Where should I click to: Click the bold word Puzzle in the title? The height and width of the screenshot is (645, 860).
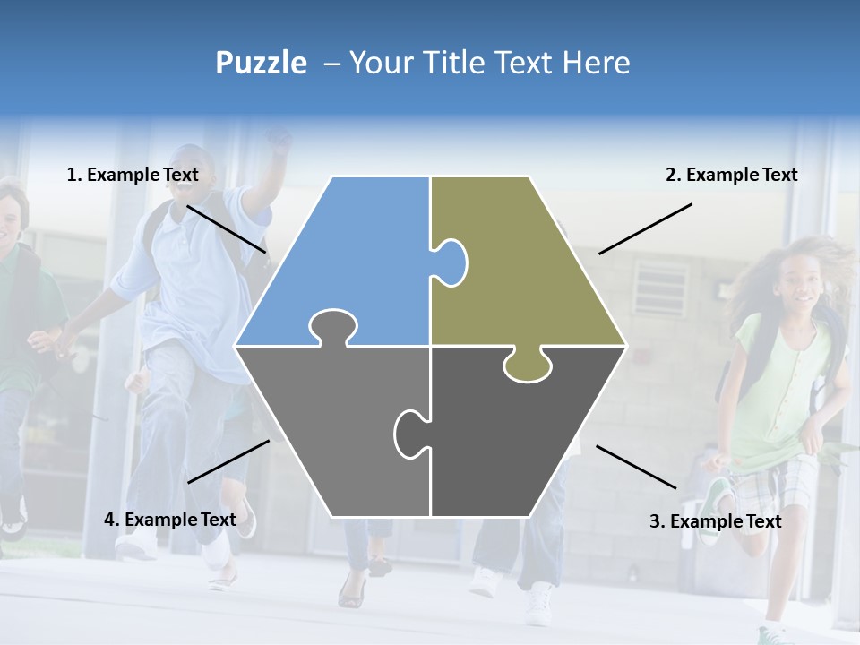[x=261, y=63]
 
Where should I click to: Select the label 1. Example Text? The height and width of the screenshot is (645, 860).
[x=133, y=175]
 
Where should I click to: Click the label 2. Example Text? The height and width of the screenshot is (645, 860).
[x=731, y=175]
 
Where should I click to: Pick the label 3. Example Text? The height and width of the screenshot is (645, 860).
[x=715, y=521]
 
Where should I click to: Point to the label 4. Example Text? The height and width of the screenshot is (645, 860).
[x=170, y=520]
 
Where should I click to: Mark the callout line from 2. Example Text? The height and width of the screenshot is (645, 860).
[x=645, y=228]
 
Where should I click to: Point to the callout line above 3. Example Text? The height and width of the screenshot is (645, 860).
[x=636, y=467]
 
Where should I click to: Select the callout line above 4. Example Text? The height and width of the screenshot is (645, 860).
[x=228, y=461]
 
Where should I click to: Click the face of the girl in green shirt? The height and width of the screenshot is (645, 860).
[x=803, y=287]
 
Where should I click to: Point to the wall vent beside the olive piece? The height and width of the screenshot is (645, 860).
[x=660, y=288]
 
